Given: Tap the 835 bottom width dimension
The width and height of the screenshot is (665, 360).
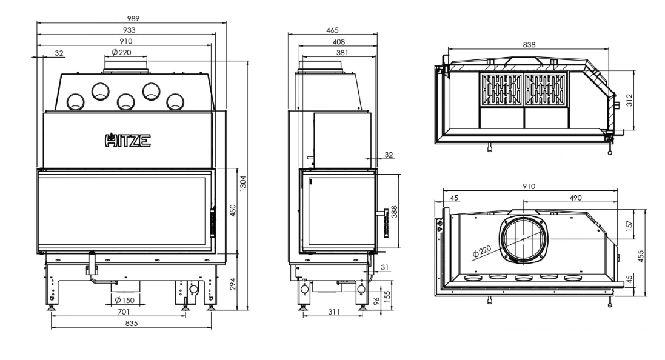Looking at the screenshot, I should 132,324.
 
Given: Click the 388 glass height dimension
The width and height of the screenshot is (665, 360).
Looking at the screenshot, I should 395,211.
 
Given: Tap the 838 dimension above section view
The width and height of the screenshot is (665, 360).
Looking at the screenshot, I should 529,44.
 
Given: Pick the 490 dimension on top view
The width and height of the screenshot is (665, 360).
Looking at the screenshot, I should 575,198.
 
